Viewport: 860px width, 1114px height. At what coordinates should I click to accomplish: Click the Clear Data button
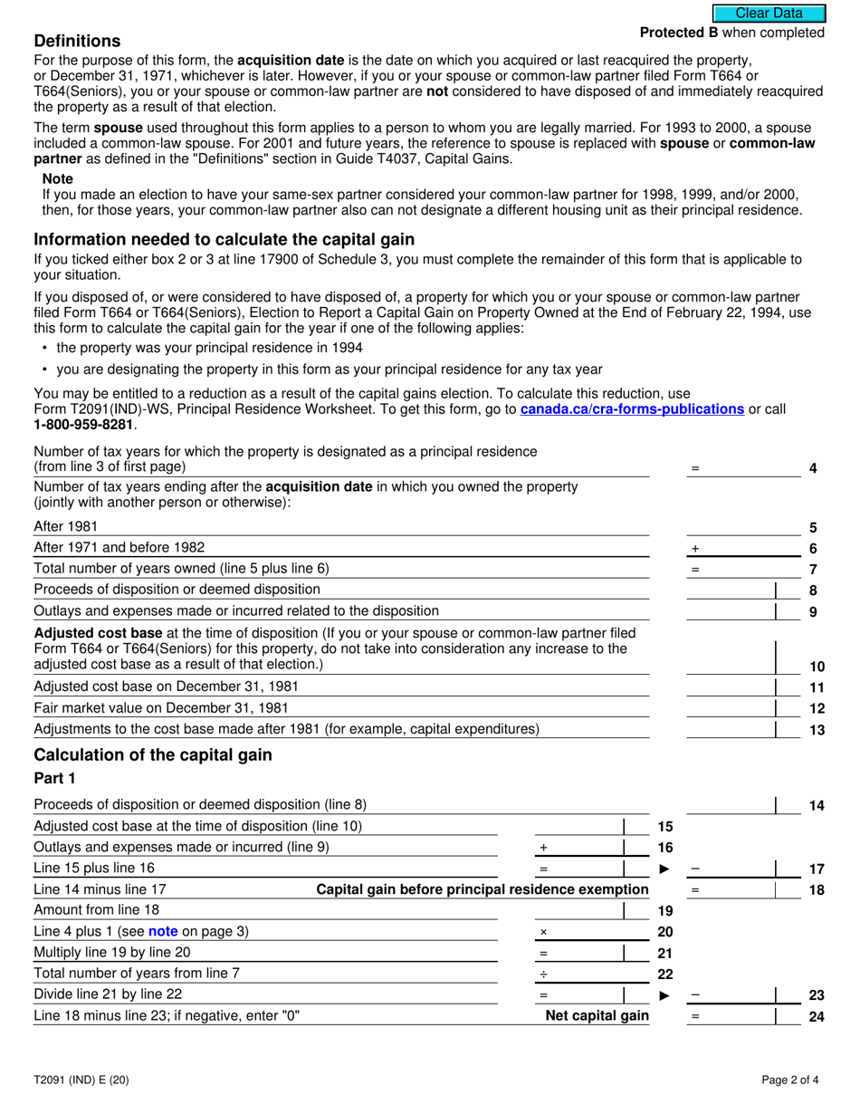pyautogui.click(x=769, y=13)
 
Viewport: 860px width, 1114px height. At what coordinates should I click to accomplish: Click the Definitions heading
pyautogui.click(x=77, y=42)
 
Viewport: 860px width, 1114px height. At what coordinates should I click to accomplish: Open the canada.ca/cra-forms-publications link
pyautogui.click(x=632, y=409)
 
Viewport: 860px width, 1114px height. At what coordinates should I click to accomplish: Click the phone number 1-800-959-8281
pyautogui.click(x=82, y=424)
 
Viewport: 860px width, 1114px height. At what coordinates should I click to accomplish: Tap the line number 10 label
pyautogui.click(x=817, y=667)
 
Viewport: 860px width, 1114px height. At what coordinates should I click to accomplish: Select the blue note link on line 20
pyautogui.click(x=163, y=931)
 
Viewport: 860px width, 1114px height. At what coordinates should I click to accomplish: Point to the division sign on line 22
pyautogui.click(x=543, y=974)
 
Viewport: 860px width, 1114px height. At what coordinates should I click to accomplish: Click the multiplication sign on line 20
pyautogui.click(x=543, y=932)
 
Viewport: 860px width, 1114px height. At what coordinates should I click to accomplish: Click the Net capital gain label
pyautogui.click(x=597, y=1015)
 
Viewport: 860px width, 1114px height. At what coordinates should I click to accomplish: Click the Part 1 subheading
pyautogui.click(x=54, y=778)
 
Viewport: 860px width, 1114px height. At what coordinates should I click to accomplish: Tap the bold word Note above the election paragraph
pyautogui.click(x=57, y=179)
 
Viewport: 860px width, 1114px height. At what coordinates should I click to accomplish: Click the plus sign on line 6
pyautogui.click(x=695, y=549)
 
